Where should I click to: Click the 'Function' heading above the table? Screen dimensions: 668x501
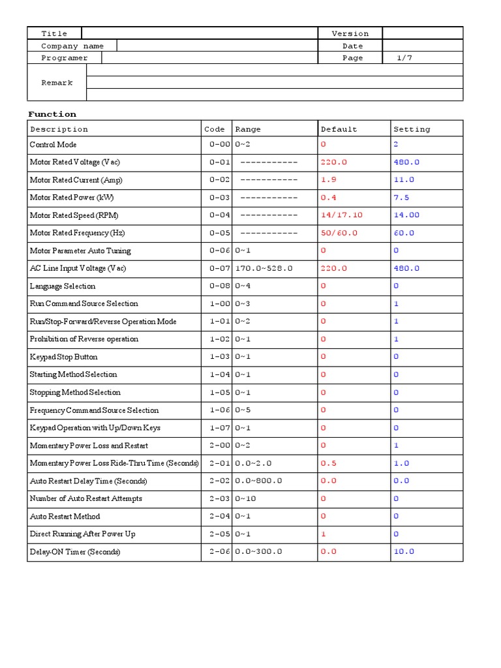point(52,114)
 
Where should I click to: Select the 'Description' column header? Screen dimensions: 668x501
point(59,129)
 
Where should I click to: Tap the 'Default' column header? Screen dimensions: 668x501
point(339,129)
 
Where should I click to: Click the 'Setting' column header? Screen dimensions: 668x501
point(412,129)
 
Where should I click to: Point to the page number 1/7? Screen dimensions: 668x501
point(404,58)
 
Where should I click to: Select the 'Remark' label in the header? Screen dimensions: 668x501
point(57,83)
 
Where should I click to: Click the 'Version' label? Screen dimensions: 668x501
point(350,34)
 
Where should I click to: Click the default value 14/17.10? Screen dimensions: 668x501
point(342,215)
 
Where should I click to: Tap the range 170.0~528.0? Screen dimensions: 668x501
point(264,268)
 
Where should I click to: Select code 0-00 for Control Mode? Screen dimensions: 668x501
point(220,145)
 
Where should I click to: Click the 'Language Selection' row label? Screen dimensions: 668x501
point(63,286)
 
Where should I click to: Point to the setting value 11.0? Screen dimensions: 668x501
point(404,180)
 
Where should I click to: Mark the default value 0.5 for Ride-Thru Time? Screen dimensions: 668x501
point(329,463)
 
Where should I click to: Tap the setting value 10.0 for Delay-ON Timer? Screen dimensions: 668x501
point(404,551)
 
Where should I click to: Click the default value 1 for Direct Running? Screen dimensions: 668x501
point(323,534)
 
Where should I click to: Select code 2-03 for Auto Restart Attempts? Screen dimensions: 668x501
point(220,498)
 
